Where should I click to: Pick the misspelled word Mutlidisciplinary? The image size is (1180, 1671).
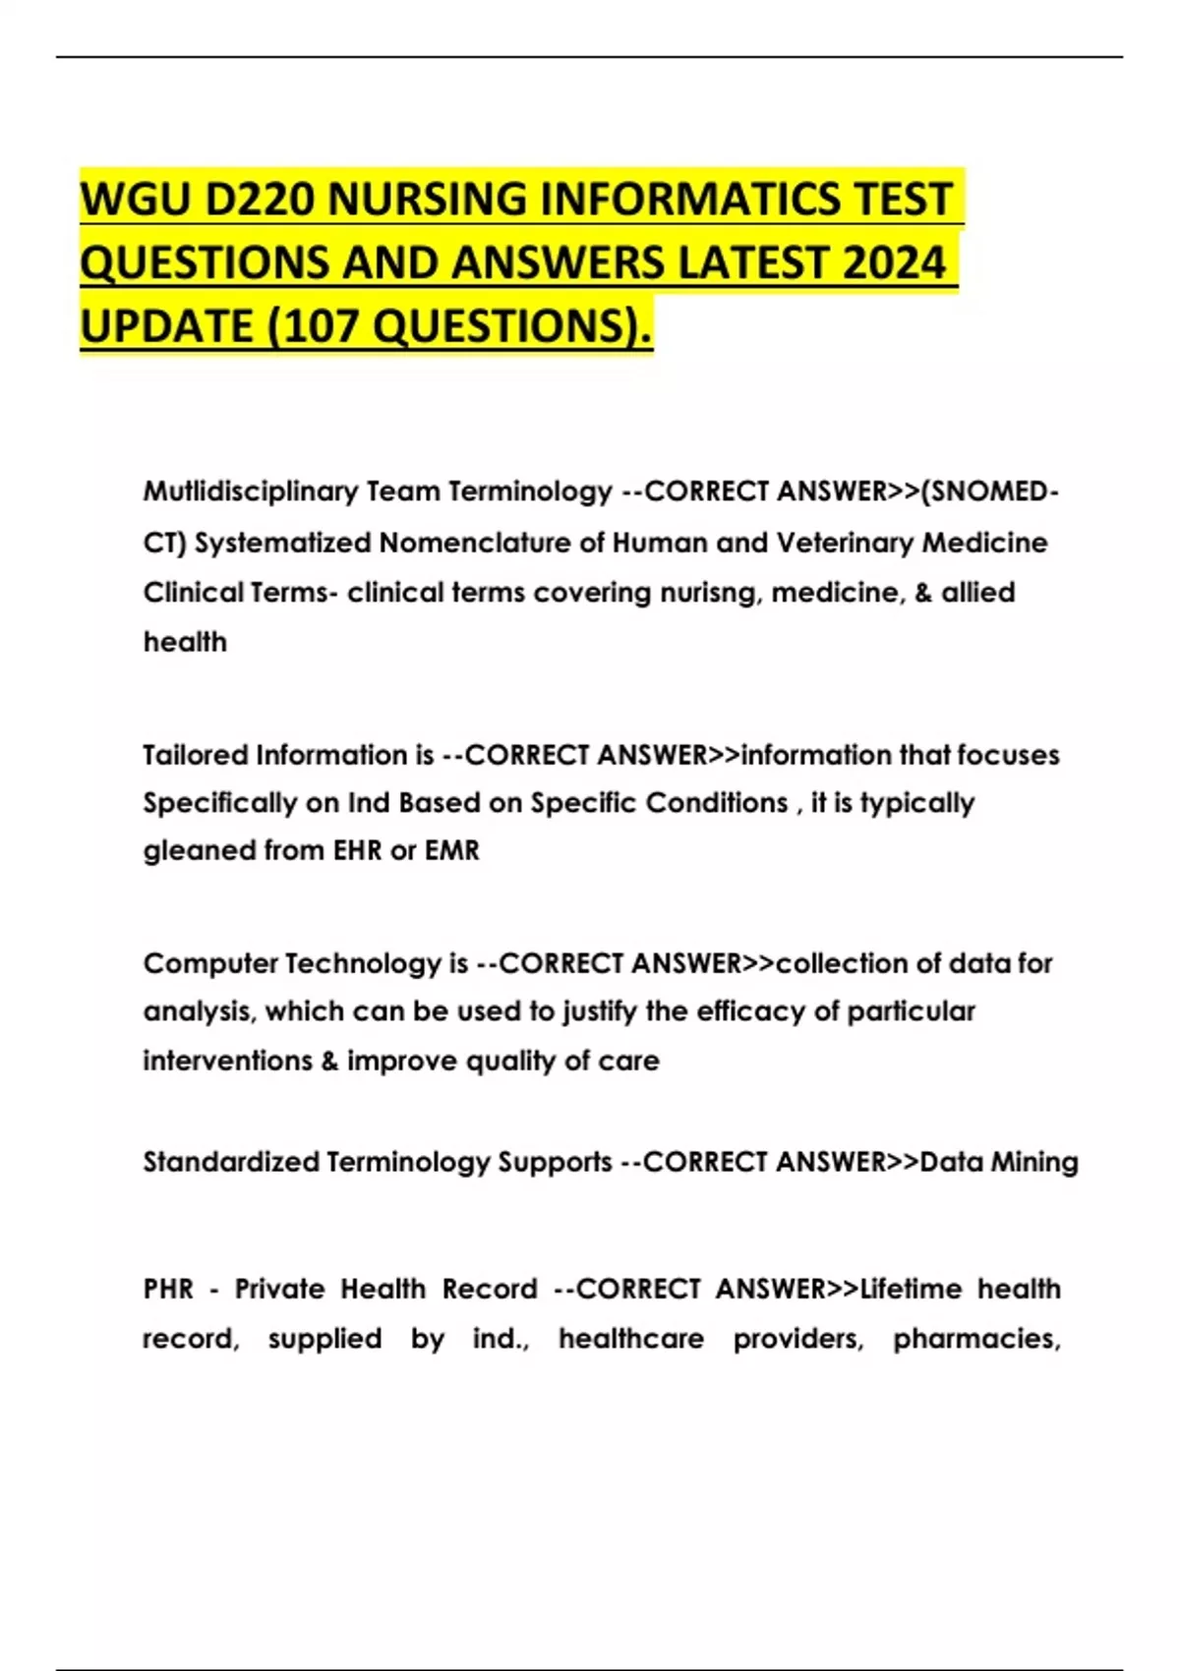click(250, 491)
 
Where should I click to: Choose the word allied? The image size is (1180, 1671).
click(977, 593)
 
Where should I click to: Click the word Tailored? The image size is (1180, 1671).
click(195, 755)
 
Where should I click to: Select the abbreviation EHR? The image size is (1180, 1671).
click(357, 850)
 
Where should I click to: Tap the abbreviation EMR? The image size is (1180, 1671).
click(451, 850)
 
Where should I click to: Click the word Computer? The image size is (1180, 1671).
click(208, 963)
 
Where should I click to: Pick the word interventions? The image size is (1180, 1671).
click(227, 1061)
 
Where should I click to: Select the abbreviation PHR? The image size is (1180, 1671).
click(168, 1289)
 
